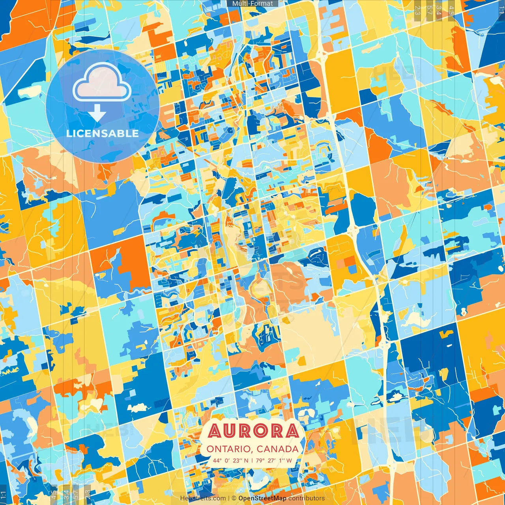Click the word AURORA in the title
(x=253, y=431)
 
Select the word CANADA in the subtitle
(x=277, y=449)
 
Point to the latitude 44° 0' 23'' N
(x=231, y=460)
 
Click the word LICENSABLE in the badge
(x=103, y=133)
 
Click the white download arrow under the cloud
(x=97, y=113)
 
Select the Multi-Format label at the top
(x=252, y=4)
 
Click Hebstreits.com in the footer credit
(x=203, y=498)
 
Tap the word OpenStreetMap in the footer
(x=262, y=498)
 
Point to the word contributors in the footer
(x=307, y=498)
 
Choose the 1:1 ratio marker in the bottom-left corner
(x=4, y=495)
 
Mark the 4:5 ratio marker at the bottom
(x=54, y=495)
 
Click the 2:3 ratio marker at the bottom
(x=88, y=495)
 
